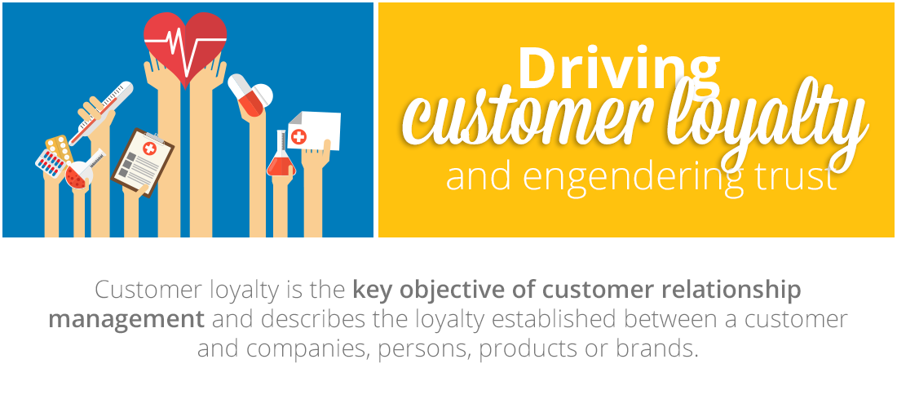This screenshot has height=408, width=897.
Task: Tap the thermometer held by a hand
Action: pyautogui.click(x=101, y=113)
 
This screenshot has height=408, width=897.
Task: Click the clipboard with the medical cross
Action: pyautogui.click(x=143, y=162)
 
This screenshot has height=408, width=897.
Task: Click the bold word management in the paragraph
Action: pyautogui.click(x=126, y=319)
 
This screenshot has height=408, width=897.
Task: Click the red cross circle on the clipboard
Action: pyautogui.click(x=149, y=149)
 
